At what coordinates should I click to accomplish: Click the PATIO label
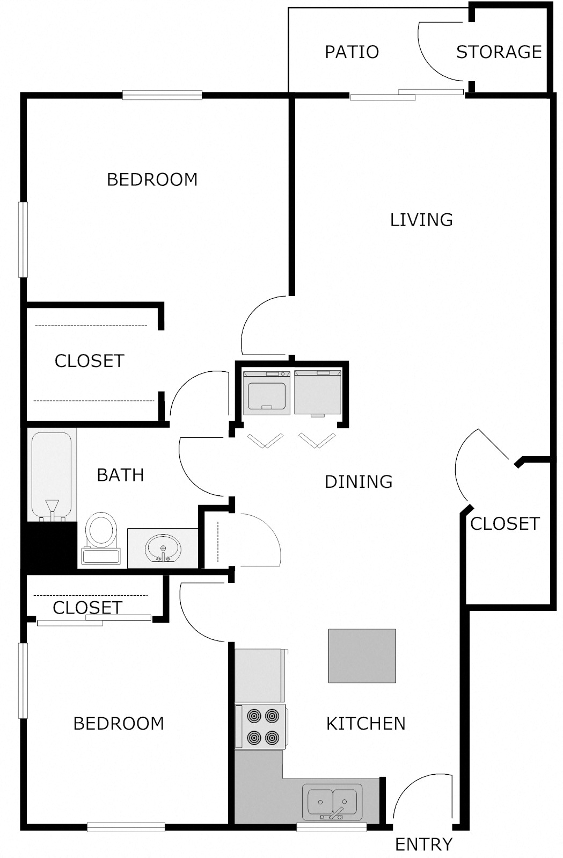[x=352, y=52]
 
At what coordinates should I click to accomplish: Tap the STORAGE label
[x=499, y=52]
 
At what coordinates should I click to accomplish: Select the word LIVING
[x=421, y=220]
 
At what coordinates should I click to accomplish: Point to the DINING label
[x=359, y=481]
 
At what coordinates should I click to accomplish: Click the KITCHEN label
[x=365, y=724]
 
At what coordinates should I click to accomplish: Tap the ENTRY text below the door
[x=423, y=845]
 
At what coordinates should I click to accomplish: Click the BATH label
[x=120, y=475]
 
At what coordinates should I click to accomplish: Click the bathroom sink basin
[x=163, y=549]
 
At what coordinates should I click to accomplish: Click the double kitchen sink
[x=332, y=802]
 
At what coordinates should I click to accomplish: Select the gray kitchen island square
[x=362, y=655]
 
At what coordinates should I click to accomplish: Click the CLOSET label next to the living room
[x=504, y=524]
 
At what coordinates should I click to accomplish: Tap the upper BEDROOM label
[x=152, y=179]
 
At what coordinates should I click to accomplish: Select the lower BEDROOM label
[x=119, y=724]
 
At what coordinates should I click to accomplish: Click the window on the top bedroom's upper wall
[x=162, y=96]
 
